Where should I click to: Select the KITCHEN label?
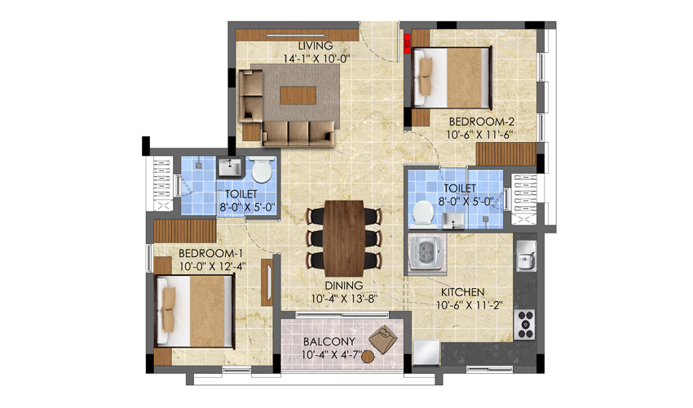463,291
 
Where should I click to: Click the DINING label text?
342,286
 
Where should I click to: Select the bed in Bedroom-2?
452,77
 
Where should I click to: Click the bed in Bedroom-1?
196,312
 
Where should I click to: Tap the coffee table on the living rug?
294,95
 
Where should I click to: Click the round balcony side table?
367,356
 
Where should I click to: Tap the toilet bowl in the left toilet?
262,171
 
